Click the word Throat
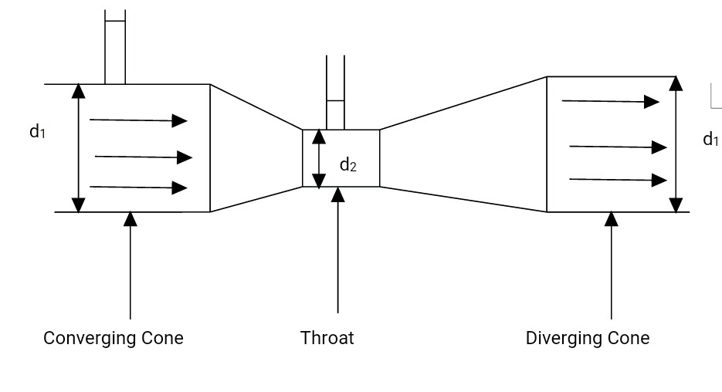(327, 338)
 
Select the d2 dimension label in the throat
(348, 164)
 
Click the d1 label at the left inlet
(37, 132)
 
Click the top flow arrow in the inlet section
(138, 120)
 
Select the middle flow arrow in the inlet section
(143, 157)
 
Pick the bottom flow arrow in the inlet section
(138, 188)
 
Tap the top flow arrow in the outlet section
(610, 101)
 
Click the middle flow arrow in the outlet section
(618, 147)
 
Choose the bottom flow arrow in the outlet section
(618, 180)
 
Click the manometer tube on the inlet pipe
(115, 46)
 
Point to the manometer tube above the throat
(335, 93)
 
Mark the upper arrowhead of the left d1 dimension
(78, 90)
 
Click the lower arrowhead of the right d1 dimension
(676, 204)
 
